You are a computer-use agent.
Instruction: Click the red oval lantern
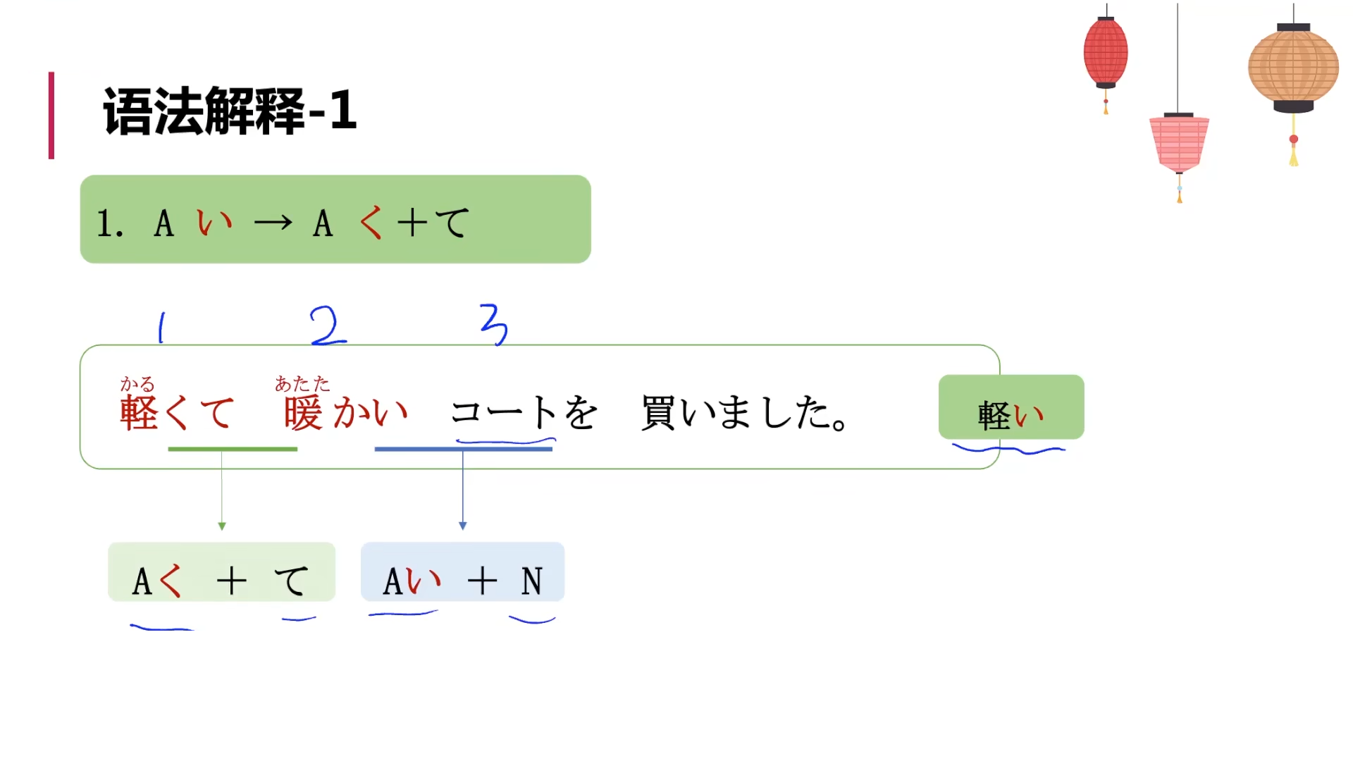1106,53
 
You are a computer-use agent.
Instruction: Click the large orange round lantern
1293,68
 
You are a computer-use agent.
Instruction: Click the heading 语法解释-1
230,111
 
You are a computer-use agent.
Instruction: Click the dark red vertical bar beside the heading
51,116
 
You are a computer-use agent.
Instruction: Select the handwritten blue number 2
327,326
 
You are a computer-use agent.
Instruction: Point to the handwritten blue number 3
494,324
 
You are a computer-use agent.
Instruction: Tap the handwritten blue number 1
162,328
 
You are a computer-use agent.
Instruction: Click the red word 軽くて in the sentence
177,412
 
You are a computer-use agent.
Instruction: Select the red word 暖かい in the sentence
345,412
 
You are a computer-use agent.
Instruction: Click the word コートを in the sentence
524,412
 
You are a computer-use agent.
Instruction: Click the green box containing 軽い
1011,407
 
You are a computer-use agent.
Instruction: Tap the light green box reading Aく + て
221,572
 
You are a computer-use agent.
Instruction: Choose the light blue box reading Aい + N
462,572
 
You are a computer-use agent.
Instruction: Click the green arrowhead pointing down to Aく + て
222,526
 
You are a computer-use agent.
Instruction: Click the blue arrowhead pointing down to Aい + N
463,526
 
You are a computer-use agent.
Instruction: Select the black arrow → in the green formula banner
273,223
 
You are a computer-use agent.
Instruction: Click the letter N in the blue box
532,582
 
